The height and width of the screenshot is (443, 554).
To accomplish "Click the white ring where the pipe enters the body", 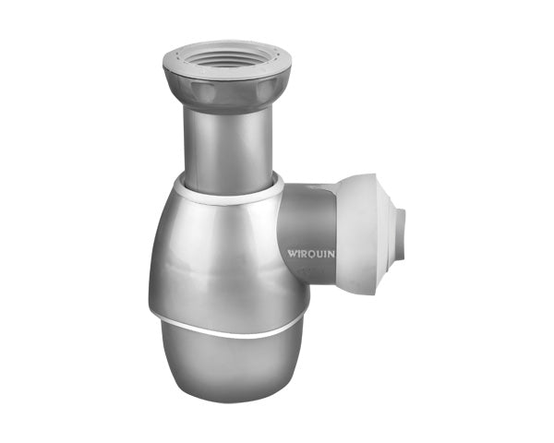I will click(231, 190).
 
